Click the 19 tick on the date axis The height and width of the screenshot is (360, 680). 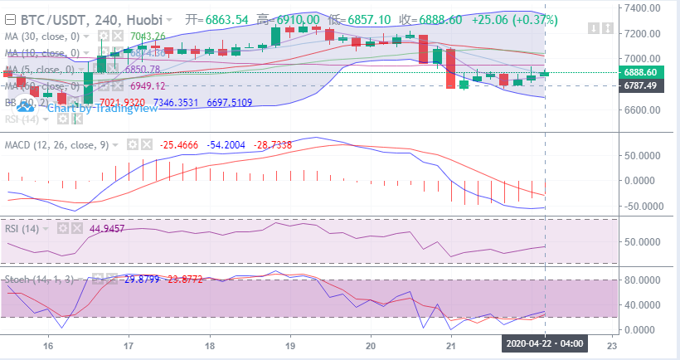point(290,345)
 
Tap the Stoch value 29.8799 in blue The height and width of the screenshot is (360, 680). point(142,280)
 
